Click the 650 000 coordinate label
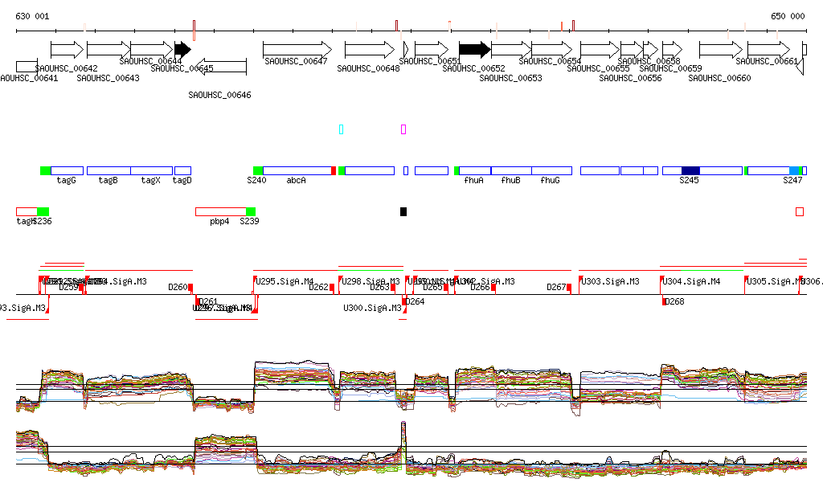click(788, 16)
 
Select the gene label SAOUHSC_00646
click(219, 95)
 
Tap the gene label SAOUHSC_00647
click(296, 61)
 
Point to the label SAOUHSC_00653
click(510, 78)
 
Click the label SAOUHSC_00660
click(719, 78)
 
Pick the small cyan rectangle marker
click(342, 129)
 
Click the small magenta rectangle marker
click(403, 129)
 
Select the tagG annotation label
click(66, 180)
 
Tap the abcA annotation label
click(297, 180)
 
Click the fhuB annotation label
click(510, 180)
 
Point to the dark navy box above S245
click(690, 170)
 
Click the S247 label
click(792, 180)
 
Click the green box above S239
click(251, 211)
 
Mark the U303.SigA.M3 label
click(611, 281)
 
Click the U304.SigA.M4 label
click(691, 281)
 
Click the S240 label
click(256, 180)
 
